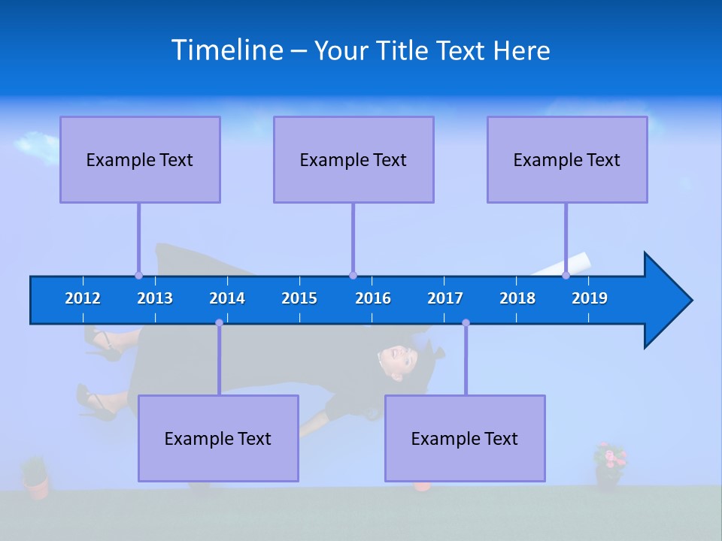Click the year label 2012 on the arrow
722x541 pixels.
point(83,298)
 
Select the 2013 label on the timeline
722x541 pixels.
point(155,298)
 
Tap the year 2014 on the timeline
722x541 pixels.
point(227,298)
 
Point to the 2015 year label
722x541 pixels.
point(299,298)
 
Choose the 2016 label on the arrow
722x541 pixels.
point(373,298)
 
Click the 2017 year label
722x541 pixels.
point(445,298)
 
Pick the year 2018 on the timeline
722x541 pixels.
point(517,298)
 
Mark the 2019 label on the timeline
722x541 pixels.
point(590,298)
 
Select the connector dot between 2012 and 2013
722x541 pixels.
point(138,276)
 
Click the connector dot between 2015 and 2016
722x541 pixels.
point(353,276)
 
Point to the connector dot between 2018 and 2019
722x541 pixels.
point(566,276)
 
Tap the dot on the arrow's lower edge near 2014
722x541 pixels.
point(219,322)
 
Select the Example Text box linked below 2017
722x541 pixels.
point(465,438)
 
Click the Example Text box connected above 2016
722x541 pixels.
point(353,159)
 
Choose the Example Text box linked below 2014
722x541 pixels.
point(218,438)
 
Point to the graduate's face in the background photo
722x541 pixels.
point(396,358)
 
